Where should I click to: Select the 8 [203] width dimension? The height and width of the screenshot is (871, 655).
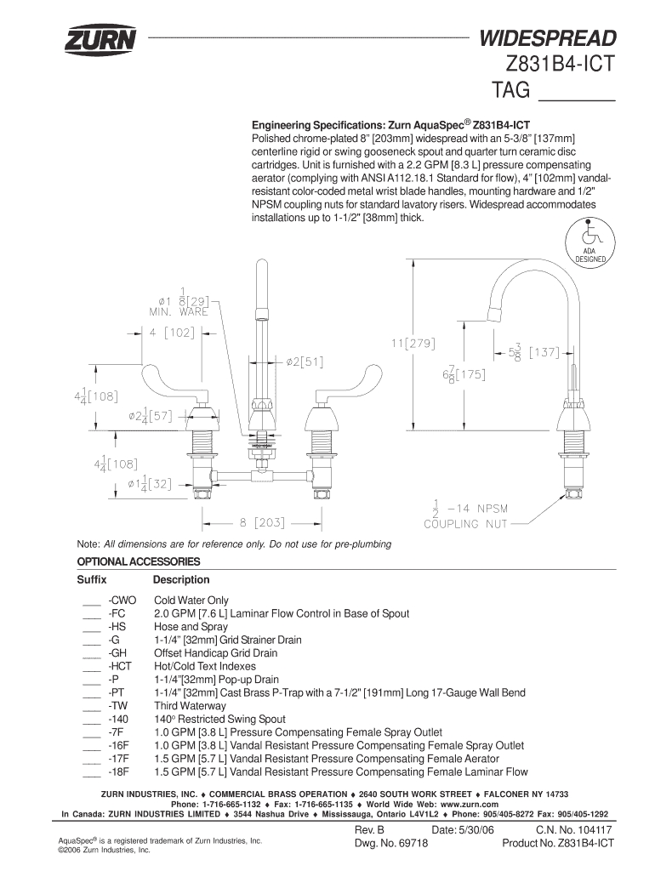tap(262, 523)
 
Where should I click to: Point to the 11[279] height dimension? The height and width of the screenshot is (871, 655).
tap(413, 344)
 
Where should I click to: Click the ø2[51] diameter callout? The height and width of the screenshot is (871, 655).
tap(305, 362)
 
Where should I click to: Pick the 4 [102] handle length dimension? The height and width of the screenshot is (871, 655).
tap(172, 333)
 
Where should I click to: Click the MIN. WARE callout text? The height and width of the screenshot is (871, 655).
tap(179, 311)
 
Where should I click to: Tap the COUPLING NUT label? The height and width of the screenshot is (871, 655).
tap(465, 524)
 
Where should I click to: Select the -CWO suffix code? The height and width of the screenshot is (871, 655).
tap(122, 600)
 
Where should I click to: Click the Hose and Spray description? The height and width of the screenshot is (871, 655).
tap(191, 627)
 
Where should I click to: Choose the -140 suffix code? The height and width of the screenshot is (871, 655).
tap(118, 719)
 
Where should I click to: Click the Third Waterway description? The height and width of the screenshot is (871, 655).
tap(190, 706)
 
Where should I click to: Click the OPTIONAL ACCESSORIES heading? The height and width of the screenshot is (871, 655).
tap(139, 561)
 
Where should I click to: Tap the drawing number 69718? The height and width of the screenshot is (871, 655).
tap(413, 843)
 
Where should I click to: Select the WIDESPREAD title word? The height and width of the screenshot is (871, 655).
tap(548, 38)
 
